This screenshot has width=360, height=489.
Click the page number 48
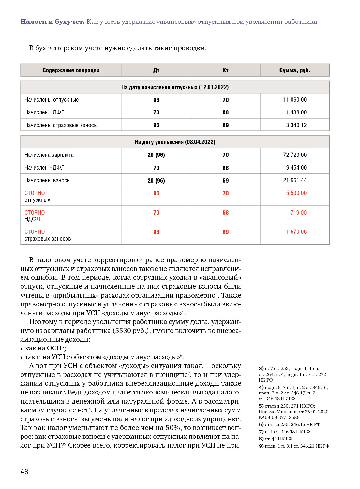(24, 471)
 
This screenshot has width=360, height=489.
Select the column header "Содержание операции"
(71, 70)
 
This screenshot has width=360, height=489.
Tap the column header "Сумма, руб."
(294, 70)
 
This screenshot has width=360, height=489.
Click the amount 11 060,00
(295, 100)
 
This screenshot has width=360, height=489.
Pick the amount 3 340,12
(296, 125)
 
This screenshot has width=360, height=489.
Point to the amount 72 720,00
(295, 155)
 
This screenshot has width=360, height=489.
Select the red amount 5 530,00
(296, 193)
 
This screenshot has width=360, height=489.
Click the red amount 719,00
(298, 213)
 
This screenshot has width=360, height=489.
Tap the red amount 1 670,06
(296, 232)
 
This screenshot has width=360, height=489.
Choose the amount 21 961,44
(295, 180)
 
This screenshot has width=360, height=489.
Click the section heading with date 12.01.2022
(175, 87)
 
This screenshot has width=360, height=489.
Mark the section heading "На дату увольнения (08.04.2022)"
(175, 142)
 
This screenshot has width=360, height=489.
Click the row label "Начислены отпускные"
(52, 100)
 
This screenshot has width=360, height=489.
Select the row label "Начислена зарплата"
(49, 155)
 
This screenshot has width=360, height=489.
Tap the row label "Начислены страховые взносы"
(61, 125)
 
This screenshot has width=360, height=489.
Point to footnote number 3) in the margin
(261, 368)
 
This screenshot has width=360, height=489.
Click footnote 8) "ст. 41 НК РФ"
(275, 439)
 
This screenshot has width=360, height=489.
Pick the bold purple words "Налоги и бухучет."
(52, 22)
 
